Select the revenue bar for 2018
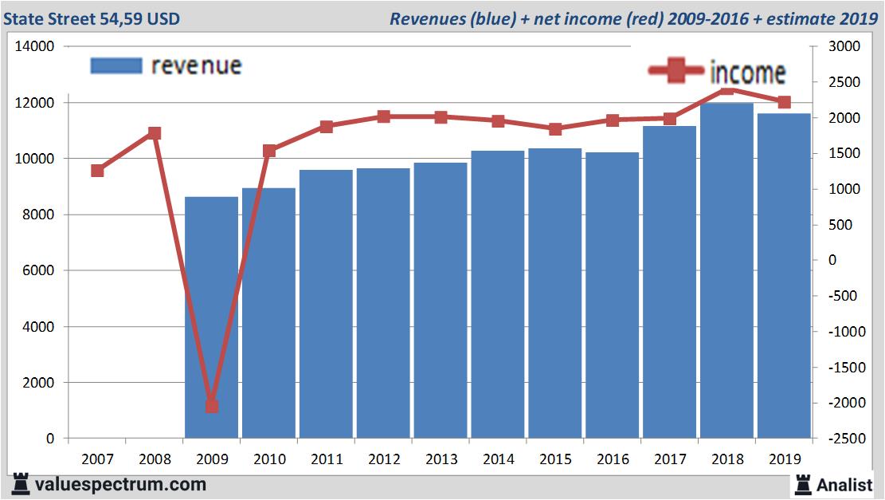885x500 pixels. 727,271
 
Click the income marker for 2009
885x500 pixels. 211,406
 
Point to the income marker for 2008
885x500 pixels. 155,133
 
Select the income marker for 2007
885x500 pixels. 97,171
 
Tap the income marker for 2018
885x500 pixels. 727,89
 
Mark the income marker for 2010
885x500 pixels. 268,151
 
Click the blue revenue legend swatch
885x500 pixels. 116,65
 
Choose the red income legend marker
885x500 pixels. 676,71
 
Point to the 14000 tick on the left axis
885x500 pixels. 34,47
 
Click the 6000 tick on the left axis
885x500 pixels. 37,271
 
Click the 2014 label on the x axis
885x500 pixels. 498,459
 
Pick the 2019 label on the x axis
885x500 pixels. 785,459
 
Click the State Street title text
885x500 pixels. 92,18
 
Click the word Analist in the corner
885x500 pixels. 844,484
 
